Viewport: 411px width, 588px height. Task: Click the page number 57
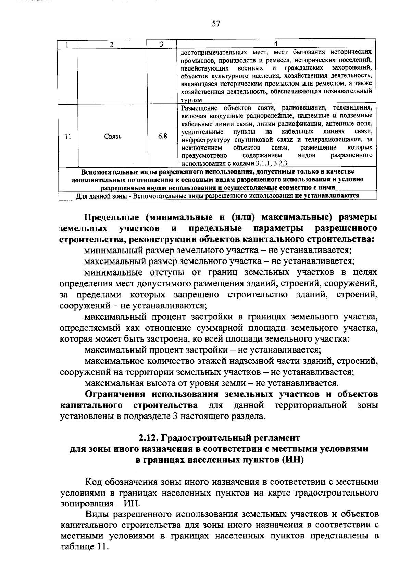tap(216, 23)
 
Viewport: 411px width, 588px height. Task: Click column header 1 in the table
tap(67, 44)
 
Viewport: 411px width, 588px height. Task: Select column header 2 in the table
tap(112, 44)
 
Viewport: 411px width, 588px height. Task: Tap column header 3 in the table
tap(161, 44)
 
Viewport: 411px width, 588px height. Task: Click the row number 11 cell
tap(68, 136)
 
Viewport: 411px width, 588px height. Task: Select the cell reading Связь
tap(113, 136)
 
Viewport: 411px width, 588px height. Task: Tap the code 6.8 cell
tap(162, 136)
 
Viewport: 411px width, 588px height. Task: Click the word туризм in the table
tap(191, 100)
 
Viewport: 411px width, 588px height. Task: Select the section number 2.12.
tap(148, 438)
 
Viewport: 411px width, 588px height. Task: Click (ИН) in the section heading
tap(293, 460)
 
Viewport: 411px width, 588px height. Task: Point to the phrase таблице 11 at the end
tap(84, 546)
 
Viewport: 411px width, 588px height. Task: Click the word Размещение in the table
tap(197, 108)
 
